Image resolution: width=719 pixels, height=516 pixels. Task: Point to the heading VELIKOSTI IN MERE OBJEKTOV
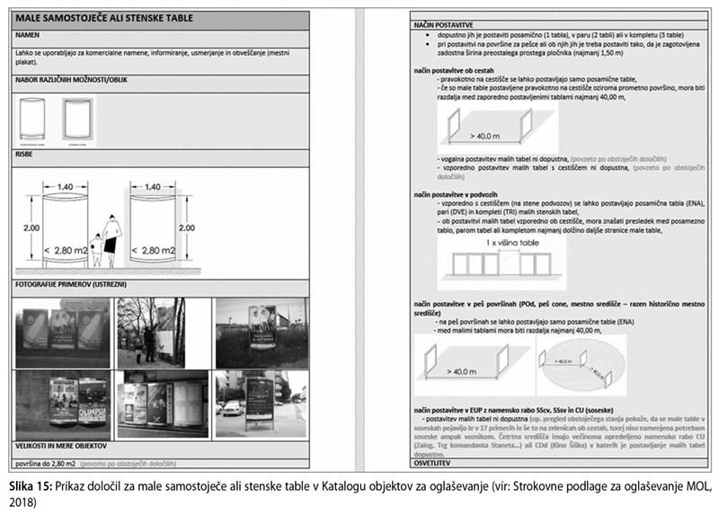(x=62, y=445)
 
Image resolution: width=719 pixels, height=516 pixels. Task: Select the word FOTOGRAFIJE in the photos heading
(x=38, y=285)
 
